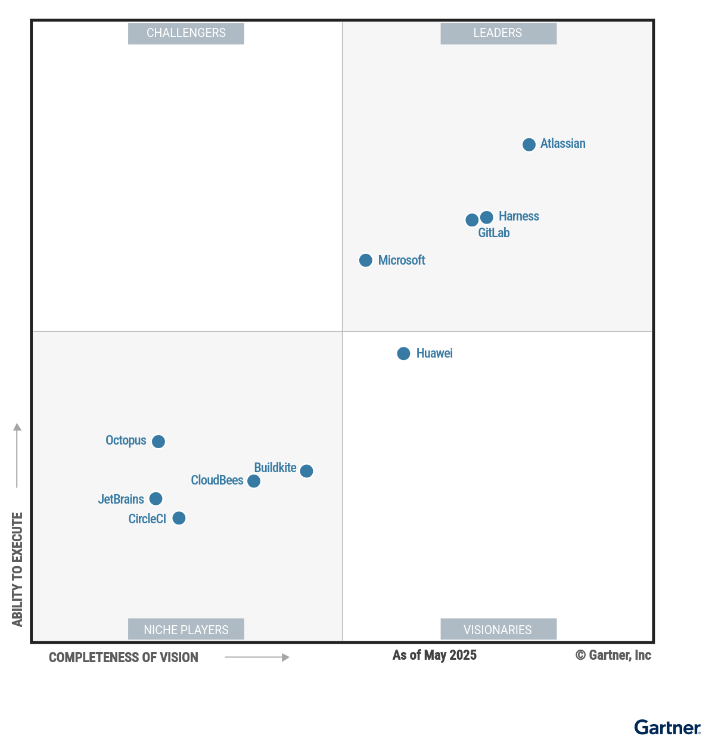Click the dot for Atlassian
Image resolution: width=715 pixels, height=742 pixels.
(529, 144)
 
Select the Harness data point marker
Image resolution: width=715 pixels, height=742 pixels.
(487, 217)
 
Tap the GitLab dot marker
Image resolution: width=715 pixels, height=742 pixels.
(471, 220)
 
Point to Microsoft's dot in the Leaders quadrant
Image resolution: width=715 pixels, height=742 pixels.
(366, 260)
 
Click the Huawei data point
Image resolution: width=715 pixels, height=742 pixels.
(403, 353)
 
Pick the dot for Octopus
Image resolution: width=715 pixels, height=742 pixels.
(158, 442)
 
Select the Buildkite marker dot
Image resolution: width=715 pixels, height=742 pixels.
(306, 471)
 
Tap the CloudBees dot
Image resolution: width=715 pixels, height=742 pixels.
(254, 481)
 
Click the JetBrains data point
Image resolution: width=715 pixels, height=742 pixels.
(156, 499)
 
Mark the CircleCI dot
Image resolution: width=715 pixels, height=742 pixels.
(179, 518)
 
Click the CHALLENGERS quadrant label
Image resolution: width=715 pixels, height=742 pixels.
(186, 33)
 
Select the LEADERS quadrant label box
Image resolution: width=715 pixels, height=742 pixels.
(498, 33)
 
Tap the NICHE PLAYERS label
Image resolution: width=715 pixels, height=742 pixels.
(186, 629)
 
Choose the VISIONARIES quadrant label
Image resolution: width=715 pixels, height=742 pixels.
(498, 629)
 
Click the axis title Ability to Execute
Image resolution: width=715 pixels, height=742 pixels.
(17, 569)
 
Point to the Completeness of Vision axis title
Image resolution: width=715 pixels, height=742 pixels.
(123, 657)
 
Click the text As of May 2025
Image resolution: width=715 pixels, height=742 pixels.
(434, 655)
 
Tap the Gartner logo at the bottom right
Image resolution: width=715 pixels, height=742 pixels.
(667, 728)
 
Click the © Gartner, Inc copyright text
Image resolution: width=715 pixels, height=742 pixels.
(613, 655)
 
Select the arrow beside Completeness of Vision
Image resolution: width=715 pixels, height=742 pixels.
(257, 657)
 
